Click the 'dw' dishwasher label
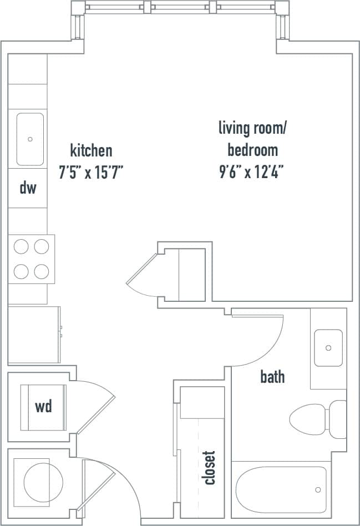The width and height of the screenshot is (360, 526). coord(28,188)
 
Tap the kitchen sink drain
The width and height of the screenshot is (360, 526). coord(30,139)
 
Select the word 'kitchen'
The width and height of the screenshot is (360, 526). coord(91,150)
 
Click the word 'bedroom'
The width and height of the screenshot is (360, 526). coord(252,150)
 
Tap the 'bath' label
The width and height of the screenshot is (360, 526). coord(272,377)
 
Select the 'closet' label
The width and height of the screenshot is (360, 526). coord(210,467)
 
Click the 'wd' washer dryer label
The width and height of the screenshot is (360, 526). coord(43,407)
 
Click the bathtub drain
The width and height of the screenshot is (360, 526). coord(318,489)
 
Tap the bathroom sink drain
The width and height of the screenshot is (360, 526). coord(328,348)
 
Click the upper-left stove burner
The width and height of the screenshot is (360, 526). coord(21,246)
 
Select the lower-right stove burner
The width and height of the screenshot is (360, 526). coord(41,271)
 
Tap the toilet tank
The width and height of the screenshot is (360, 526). coord(338,419)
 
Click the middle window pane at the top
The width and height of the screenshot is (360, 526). coord(180,8)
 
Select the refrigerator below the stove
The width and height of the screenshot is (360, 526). coord(34,334)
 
